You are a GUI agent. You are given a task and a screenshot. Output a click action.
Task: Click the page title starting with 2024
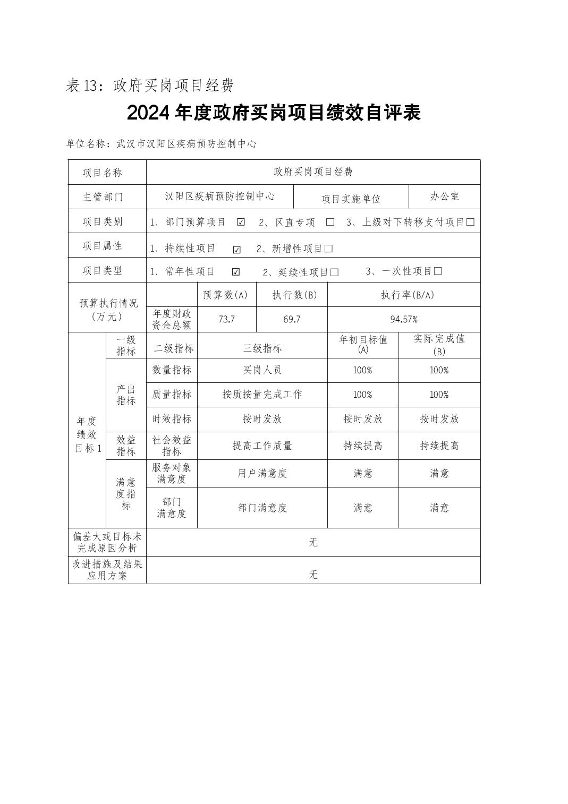[x=274, y=113]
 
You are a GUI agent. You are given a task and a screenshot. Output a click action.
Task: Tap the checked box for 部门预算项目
[x=241, y=223]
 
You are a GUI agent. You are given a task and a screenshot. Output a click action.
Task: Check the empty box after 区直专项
[x=330, y=223]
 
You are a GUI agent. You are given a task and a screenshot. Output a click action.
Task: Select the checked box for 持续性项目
[x=237, y=250]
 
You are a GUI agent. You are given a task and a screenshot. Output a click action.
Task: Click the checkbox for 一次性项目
[x=438, y=271]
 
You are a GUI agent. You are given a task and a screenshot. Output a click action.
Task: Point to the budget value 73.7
[x=226, y=319]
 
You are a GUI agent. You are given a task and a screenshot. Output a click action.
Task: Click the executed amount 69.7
[x=292, y=319]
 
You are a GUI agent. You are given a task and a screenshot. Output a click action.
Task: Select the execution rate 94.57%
[x=404, y=319]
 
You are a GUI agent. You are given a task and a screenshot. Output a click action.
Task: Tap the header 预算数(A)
[x=226, y=295]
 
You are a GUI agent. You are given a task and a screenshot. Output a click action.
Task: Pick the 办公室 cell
[x=445, y=196]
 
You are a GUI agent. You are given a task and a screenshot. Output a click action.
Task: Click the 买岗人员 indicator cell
[x=262, y=370]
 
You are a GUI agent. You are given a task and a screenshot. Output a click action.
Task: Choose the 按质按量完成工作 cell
[x=262, y=395]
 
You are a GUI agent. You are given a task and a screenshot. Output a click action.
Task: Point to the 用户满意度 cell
[x=262, y=473]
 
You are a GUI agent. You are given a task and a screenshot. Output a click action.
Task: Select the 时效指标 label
[x=172, y=419]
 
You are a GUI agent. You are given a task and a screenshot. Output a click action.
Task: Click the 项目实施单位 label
[x=351, y=199]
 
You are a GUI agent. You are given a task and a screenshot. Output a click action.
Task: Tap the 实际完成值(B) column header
[x=439, y=345]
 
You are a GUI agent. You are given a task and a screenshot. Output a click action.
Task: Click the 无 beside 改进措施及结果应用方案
[x=313, y=575]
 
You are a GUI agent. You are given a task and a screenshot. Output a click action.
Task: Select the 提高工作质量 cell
[x=262, y=446]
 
